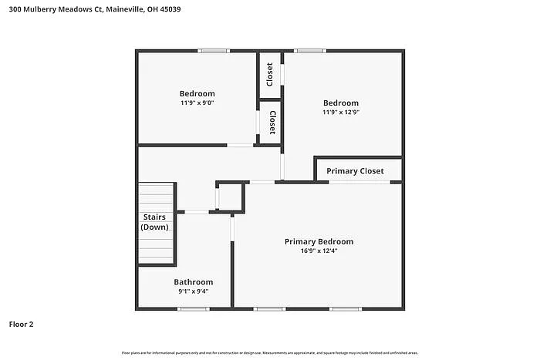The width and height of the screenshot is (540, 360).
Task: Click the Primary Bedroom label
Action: [319, 241]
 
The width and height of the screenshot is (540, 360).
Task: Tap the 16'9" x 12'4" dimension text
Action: [319, 251]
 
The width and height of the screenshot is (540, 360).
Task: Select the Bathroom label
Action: [193, 282]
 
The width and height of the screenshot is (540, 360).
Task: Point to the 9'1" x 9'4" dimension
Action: [193, 291]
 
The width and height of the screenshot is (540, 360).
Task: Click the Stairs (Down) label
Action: [154, 222]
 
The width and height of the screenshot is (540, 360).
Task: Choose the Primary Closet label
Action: [355, 170]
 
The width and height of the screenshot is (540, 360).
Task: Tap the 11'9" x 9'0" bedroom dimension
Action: [197, 103]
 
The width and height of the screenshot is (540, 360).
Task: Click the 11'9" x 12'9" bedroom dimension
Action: [341, 112]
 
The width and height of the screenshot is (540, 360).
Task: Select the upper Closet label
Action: [269, 74]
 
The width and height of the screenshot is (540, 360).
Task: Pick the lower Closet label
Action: [272, 122]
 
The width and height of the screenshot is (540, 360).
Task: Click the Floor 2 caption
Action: [22, 325]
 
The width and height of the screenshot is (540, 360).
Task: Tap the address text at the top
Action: [92, 11]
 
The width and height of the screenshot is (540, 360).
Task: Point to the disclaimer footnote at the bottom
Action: [269, 352]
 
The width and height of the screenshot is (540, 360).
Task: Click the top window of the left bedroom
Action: [213, 51]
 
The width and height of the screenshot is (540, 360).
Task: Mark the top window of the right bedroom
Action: [310, 51]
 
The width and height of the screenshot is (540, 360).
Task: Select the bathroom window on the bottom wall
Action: [193, 309]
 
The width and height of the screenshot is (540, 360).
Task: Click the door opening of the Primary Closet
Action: [359, 182]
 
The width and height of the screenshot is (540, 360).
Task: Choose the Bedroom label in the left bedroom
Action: [197, 93]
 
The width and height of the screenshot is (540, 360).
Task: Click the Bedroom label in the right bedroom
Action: [341, 103]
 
